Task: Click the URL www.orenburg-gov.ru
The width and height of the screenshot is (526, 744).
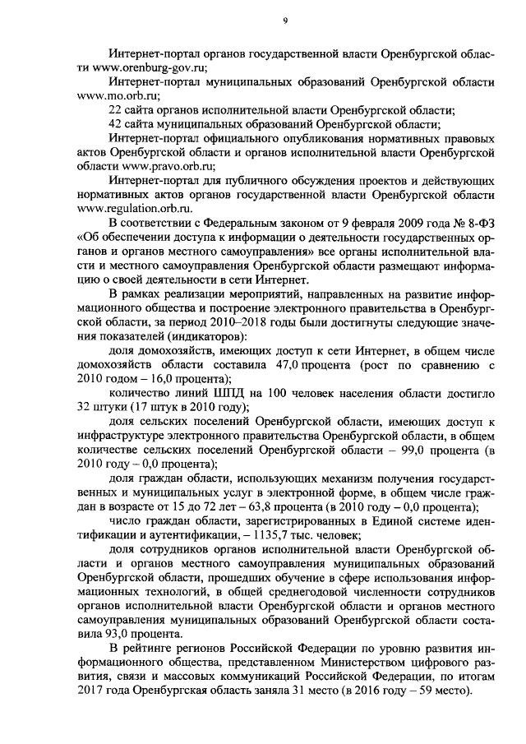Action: click(x=152, y=67)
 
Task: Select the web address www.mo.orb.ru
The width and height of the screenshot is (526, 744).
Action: click(x=111, y=95)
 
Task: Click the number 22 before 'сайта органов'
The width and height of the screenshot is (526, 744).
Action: click(x=117, y=110)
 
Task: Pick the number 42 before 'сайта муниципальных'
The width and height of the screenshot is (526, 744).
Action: click(x=117, y=124)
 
